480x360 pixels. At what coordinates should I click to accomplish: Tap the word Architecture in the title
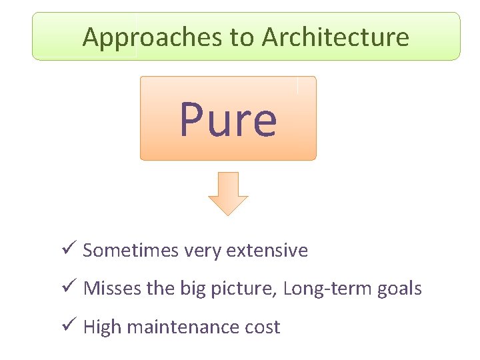coord(335,37)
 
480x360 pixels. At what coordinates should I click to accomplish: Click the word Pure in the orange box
coord(227,119)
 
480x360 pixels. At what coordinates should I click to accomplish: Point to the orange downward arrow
coord(228,193)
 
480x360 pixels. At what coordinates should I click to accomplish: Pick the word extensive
coord(267,251)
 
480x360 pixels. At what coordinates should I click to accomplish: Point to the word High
coord(102,327)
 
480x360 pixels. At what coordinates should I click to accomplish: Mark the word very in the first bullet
coord(203,251)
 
